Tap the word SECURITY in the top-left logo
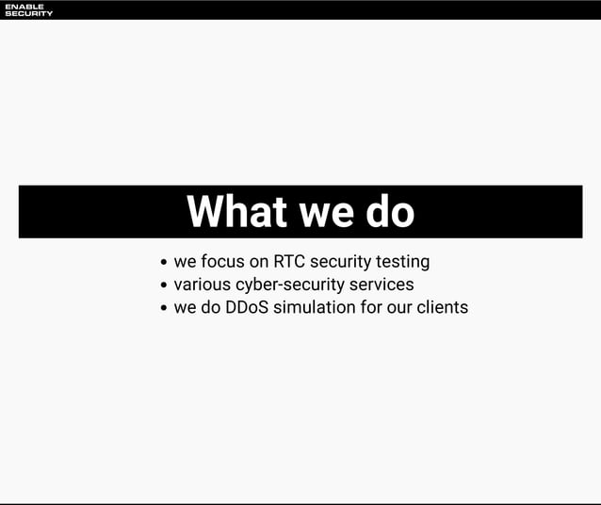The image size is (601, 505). coord(28,13)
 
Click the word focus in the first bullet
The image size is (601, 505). coord(222,261)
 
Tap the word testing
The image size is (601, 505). coord(402,262)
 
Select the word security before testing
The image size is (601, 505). coord(340,262)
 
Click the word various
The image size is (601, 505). coord(202,285)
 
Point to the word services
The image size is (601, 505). coord(381,285)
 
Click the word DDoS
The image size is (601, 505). coord(247,307)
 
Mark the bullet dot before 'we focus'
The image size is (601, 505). coord(165,263)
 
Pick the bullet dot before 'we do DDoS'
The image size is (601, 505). coord(165,308)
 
